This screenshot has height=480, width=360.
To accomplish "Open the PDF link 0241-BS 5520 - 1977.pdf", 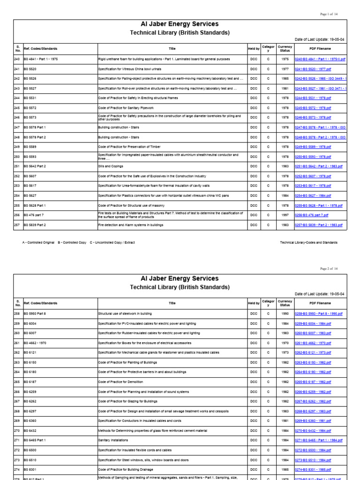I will click(x=313, y=69).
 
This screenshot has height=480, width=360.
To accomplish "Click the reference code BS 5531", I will click(x=30, y=98).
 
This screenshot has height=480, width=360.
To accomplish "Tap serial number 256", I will click(x=17, y=215).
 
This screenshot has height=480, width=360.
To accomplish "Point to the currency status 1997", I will click(x=285, y=215).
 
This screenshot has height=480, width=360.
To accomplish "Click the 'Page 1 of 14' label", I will click(x=333, y=15).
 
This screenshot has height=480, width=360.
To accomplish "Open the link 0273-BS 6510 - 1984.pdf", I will click(x=313, y=460).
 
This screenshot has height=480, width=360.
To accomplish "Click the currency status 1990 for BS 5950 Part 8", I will click(x=285, y=313).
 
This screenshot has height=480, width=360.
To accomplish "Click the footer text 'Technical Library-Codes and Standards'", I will click(x=308, y=243).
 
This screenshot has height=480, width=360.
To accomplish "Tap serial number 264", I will click(x=17, y=372).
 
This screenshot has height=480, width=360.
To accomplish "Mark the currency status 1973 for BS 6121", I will click(x=285, y=352).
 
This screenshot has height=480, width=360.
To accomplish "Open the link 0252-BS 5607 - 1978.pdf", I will click(x=313, y=176).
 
